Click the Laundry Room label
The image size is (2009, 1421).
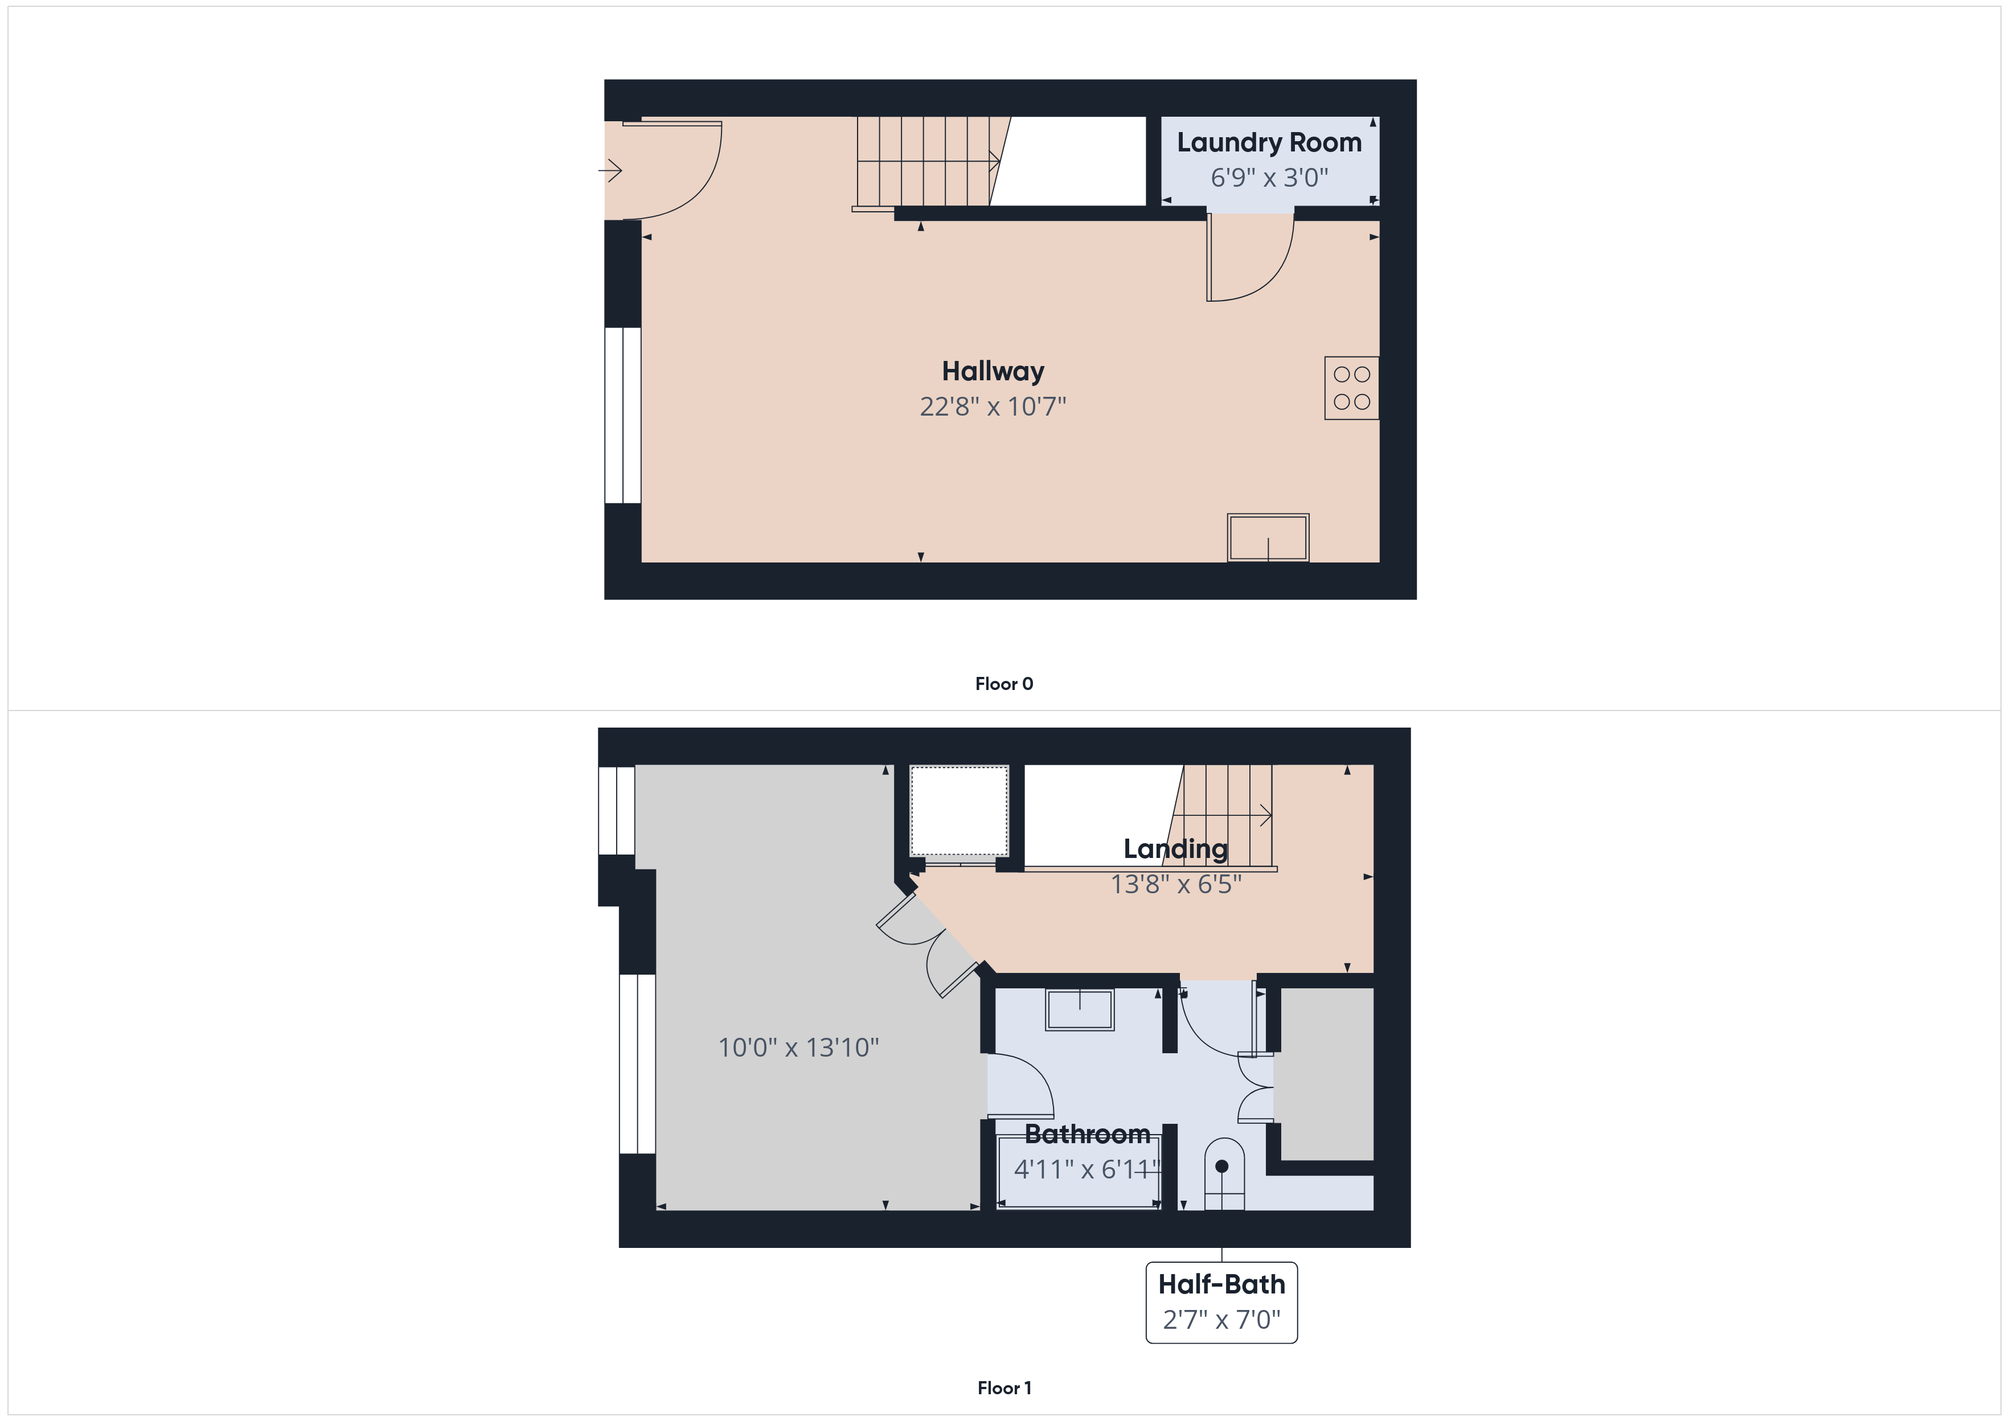pos(1269,143)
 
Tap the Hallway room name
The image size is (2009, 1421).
pos(993,372)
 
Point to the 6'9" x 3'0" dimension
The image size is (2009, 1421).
pos(1269,178)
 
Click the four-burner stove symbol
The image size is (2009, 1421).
pos(1352,388)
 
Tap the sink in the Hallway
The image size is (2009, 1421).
pos(1268,537)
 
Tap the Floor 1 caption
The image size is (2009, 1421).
pos(1004,1388)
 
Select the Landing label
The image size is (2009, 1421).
pos(1176,849)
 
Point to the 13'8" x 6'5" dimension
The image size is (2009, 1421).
pos(1176,885)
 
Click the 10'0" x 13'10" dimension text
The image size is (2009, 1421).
pos(799,1048)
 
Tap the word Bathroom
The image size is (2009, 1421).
pos(1088,1134)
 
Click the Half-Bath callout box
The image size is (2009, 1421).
pos(1221,1302)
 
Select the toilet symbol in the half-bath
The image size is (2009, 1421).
pos(1224,1174)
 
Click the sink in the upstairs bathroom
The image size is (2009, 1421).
pos(1080,1010)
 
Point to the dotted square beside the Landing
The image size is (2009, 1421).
pos(959,812)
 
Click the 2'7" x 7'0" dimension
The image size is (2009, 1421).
pos(1221,1320)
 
